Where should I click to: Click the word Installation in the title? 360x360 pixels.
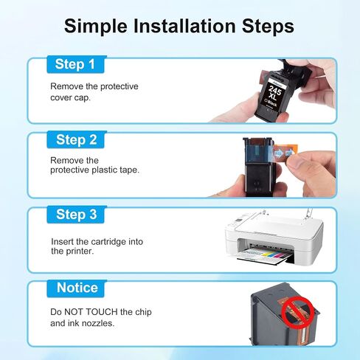[x=184, y=26]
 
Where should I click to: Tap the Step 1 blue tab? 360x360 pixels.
[x=76, y=64]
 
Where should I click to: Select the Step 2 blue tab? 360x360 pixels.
[x=76, y=139]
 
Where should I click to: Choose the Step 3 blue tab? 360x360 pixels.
[x=76, y=215]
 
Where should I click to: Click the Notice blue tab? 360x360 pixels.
[x=76, y=288]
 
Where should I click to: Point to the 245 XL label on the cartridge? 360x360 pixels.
[x=274, y=94]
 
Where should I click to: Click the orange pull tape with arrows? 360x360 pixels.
[x=285, y=153]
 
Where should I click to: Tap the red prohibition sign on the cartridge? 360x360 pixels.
[x=297, y=312]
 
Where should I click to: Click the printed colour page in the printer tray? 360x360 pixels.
[x=266, y=254]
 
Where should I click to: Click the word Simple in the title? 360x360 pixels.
[x=96, y=27]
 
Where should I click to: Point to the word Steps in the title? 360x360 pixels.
[x=268, y=27]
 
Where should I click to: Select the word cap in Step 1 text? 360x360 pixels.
[x=83, y=97]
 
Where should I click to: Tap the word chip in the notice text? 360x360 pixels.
[x=143, y=312]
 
